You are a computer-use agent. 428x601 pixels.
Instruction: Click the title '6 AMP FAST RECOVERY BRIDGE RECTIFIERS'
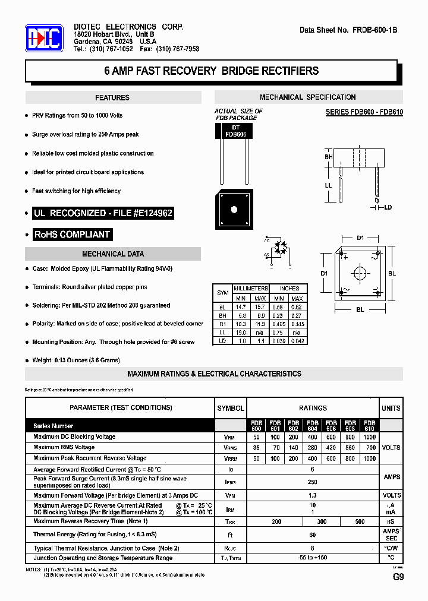(211, 71)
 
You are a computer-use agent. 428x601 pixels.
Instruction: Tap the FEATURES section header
(112, 97)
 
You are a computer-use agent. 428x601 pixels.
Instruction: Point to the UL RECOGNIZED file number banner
(103, 213)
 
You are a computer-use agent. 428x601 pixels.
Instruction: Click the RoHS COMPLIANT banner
(72, 234)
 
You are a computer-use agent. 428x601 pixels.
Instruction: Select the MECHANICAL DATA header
(113, 254)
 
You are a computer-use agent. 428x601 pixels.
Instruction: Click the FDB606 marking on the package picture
(235, 135)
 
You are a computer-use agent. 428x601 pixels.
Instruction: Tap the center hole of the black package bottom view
(235, 209)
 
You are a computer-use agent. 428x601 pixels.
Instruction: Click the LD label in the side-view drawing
(388, 207)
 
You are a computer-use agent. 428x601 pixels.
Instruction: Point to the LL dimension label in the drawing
(328, 185)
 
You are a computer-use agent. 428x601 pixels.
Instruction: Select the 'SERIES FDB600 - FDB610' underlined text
(364, 112)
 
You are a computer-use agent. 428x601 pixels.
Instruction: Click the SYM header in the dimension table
(223, 293)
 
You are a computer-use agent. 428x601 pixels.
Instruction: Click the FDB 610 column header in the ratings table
(369, 425)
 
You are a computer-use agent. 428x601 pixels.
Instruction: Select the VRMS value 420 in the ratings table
(331, 448)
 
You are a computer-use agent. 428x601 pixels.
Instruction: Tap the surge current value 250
(313, 482)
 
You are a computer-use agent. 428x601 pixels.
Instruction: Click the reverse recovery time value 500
(360, 521)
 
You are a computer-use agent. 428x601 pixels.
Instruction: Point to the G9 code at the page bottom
(398, 577)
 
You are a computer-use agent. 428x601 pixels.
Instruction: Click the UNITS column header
(391, 408)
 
